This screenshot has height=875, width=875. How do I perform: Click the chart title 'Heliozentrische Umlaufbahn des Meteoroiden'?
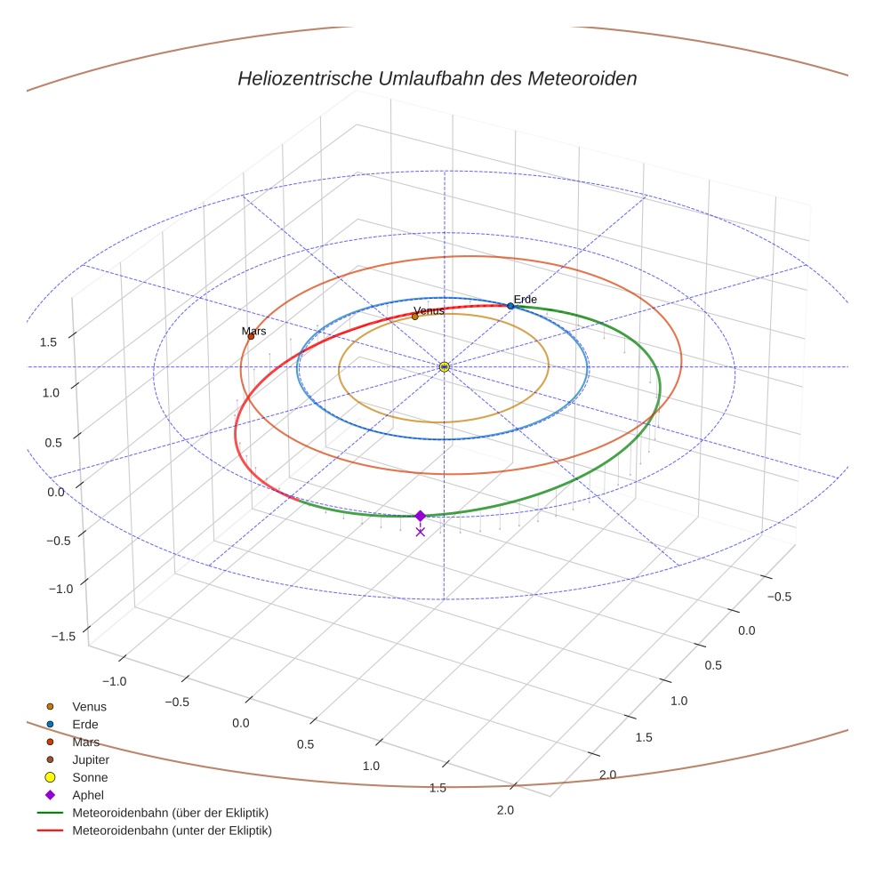[437, 78]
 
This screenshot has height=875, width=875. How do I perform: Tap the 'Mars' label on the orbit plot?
[253, 331]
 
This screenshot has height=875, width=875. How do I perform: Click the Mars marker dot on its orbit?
[251, 336]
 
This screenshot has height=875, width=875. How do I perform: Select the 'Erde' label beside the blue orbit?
[525, 300]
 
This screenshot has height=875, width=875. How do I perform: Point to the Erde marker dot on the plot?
[510, 306]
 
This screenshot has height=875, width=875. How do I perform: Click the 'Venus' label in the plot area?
[429, 310]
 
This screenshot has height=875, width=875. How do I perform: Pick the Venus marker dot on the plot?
[414, 317]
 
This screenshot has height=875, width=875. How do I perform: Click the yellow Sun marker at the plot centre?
[445, 366]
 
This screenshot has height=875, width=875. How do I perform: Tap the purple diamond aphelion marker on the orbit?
[421, 516]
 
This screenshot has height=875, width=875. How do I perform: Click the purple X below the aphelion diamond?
[421, 532]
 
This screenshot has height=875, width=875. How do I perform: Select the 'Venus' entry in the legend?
[89, 707]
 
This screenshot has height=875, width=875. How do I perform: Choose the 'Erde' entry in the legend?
[85, 725]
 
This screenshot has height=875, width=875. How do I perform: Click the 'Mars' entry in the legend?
[85, 743]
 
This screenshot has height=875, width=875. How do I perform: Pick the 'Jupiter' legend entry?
[91, 760]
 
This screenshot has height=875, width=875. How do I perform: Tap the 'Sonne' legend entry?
[90, 778]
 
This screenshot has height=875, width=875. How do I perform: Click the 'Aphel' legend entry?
[87, 796]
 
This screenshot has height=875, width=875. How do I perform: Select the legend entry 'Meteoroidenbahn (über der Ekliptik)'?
[170, 814]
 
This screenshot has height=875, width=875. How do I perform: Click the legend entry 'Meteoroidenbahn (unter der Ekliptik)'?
[172, 831]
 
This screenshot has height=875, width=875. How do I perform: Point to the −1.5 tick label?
[61, 636]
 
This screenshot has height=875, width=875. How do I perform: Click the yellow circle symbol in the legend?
[51, 778]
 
